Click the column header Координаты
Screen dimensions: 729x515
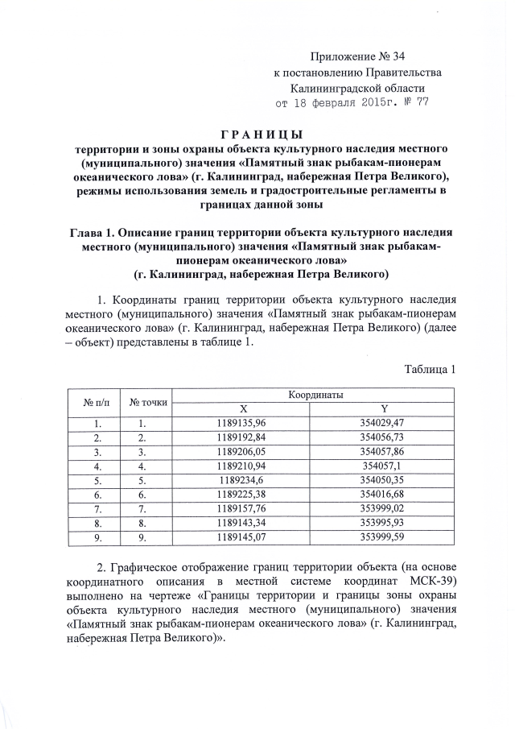click(x=316, y=396)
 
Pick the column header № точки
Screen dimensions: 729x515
click(x=148, y=402)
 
